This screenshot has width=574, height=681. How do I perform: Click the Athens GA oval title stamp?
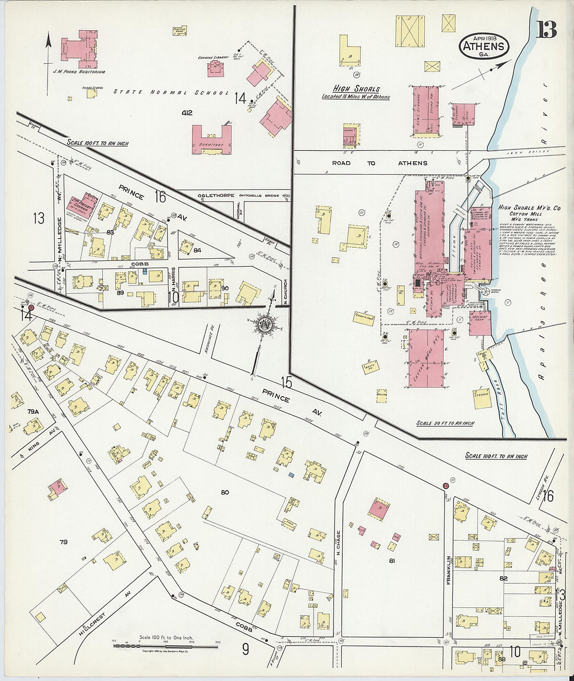[x=484, y=46]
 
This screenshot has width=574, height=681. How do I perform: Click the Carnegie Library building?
[x=216, y=68]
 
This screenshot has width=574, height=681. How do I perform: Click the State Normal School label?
[x=171, y=92]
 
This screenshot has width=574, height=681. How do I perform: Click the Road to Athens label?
[x=379, y=163]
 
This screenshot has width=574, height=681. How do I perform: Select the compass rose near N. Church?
[x=266, y=324]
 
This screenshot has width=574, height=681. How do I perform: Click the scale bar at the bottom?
[x=165, y=646]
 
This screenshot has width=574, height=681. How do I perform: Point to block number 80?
[x=225, y=492]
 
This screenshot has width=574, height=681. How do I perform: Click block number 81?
[x=392, y=561]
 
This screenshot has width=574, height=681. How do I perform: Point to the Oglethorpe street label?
[x=218, y=196]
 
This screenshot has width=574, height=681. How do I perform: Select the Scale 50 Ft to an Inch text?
[x=445, y=423]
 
